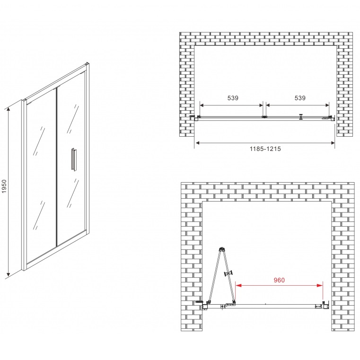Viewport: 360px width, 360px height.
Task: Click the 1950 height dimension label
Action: [x=4, y=186]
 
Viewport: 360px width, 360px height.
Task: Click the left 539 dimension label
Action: [x=233, y=98]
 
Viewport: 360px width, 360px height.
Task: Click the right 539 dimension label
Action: [x=300, y=98]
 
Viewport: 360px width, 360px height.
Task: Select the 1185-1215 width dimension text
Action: [x=265, y=149]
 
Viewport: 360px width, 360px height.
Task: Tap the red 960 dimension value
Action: [x=279, y=280]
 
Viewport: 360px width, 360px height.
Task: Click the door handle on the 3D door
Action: [x=74, y=159]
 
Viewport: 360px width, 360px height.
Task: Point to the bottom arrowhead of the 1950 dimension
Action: [x=9, y=274]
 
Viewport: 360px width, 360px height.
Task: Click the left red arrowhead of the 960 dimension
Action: [x=238, y=285]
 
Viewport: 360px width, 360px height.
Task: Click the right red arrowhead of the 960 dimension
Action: [x=320, y=285]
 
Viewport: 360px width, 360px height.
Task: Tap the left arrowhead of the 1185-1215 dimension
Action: [x=197, y=143]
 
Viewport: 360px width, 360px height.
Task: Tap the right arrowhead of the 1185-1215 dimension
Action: [x=333, y=143]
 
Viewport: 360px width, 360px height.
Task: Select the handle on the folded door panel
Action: [x=228, y=273]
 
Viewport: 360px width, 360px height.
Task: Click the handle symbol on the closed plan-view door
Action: [x=301, y=117]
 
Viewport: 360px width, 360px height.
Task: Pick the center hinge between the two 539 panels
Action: [x=264, y=117]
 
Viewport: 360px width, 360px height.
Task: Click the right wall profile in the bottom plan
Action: [x=325, y=305]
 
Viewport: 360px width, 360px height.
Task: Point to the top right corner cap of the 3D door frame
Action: [x=87, y=64]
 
